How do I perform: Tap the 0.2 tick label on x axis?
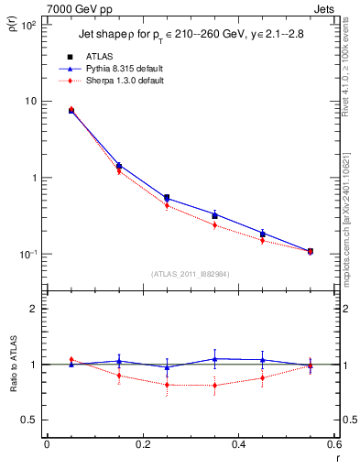(143, 445)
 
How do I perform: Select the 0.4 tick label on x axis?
(239, 445)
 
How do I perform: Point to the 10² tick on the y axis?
(28, 25)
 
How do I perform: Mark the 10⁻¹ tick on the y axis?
(28, 254)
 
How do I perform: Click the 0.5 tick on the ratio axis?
(30, 420)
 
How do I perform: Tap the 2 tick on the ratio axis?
(33, 309)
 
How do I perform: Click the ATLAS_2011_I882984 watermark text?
(190, 273)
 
